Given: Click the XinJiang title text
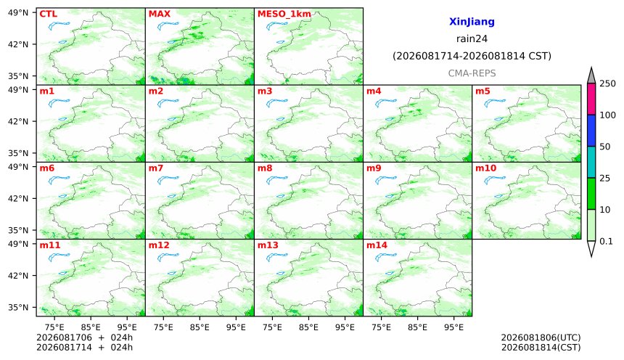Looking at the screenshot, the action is pos(472,22).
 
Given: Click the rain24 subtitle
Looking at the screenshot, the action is pos(472,38).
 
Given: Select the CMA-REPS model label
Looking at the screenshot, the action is pos(472,73).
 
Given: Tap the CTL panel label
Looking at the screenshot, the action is pos(48,14).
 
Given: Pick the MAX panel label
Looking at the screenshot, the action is pos(159,14).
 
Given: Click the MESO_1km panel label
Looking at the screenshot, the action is pos(284,15).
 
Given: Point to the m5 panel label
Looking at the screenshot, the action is pos(483,91).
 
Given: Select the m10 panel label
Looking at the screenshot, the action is pos(485,168).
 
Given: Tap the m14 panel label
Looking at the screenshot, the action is pos(377,245).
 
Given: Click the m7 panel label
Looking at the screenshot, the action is pos(155,168).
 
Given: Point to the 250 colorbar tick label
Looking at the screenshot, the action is pos(607,83).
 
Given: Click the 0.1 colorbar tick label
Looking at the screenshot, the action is pos(606,241).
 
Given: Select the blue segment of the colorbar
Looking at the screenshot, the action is pos(591,131).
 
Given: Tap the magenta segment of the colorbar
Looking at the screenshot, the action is pos(591,99).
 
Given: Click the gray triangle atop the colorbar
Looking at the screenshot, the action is pos(591,75).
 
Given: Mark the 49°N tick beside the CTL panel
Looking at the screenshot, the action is pos(18,13).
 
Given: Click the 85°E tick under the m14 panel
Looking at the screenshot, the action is pos(417,327).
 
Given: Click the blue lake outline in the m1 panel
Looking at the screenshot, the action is pos(59,103).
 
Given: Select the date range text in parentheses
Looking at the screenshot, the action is pos(472,56).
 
